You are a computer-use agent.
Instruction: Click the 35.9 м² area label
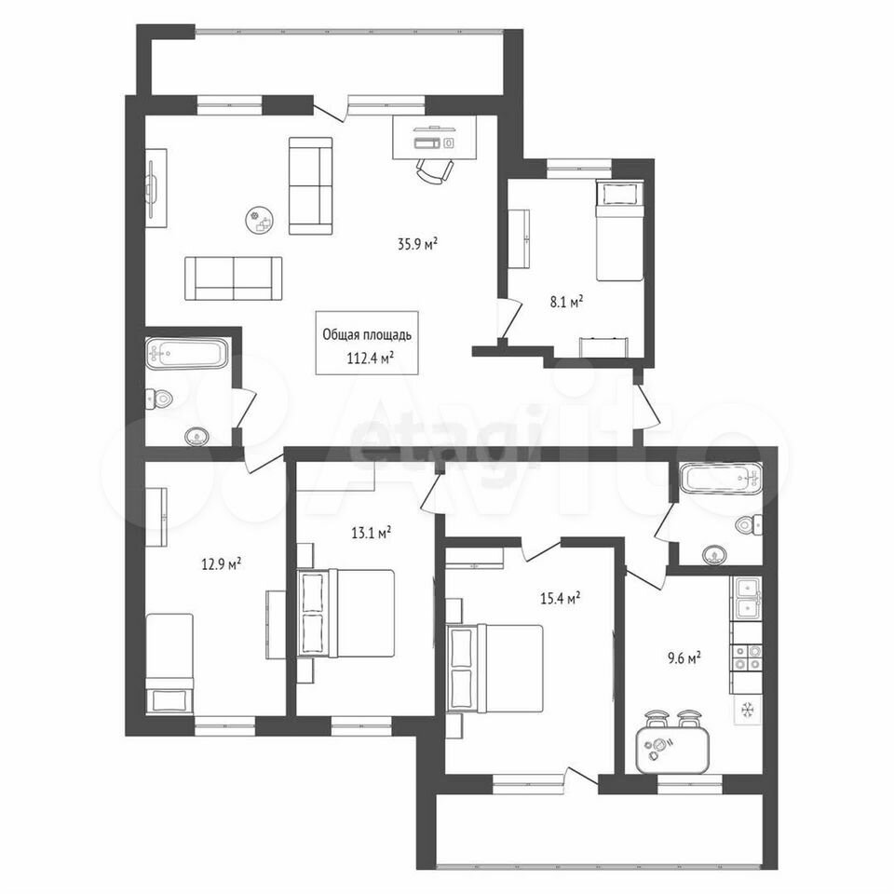(417, 244)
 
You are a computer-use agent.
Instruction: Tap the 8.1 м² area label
(565, 302)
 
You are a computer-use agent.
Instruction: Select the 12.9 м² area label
(221, 564)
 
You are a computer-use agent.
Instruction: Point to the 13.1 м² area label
(371, 533)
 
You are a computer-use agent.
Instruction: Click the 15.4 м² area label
(560, 598)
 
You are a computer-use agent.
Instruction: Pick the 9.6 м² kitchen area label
(684, 658)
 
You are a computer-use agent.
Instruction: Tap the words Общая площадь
(367, 335)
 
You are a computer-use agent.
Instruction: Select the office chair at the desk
(435, 169)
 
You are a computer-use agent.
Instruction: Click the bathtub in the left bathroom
(187, 354)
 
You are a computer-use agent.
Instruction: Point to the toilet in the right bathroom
(750, 523)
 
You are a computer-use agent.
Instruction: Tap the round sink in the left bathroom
(196, 437)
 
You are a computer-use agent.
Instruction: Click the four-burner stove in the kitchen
(746, 657)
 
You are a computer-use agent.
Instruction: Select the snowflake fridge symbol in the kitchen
(746, 710)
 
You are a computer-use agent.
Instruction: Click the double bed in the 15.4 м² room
(494, 669)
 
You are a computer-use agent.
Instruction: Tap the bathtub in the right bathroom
(721, 479)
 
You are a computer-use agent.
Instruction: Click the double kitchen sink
(746, 598)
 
